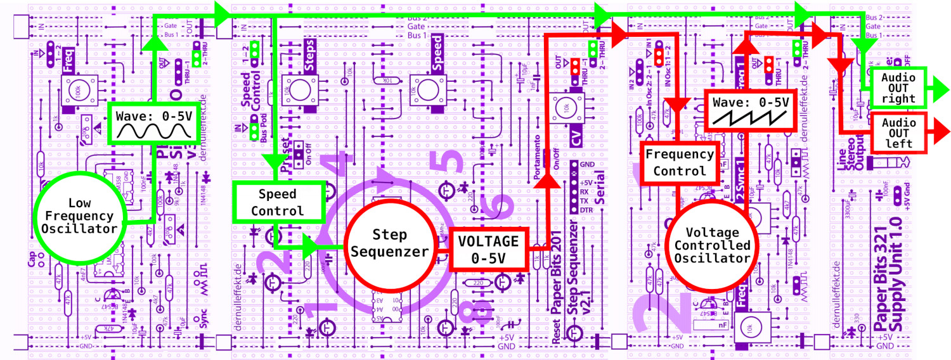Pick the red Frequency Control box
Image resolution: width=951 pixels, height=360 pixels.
pyautogui.click(x=679, y=163)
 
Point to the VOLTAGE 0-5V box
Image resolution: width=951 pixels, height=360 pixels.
pyautogui.click(x=489, y=250)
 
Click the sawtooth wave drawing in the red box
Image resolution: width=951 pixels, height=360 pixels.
pyautogui.click(x=750, y=116)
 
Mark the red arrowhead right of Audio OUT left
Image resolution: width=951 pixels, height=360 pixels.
pyautogui.click(x=939, y=132)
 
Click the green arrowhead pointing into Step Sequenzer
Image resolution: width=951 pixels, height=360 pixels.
pyautogui.click(x=313, y=247)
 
